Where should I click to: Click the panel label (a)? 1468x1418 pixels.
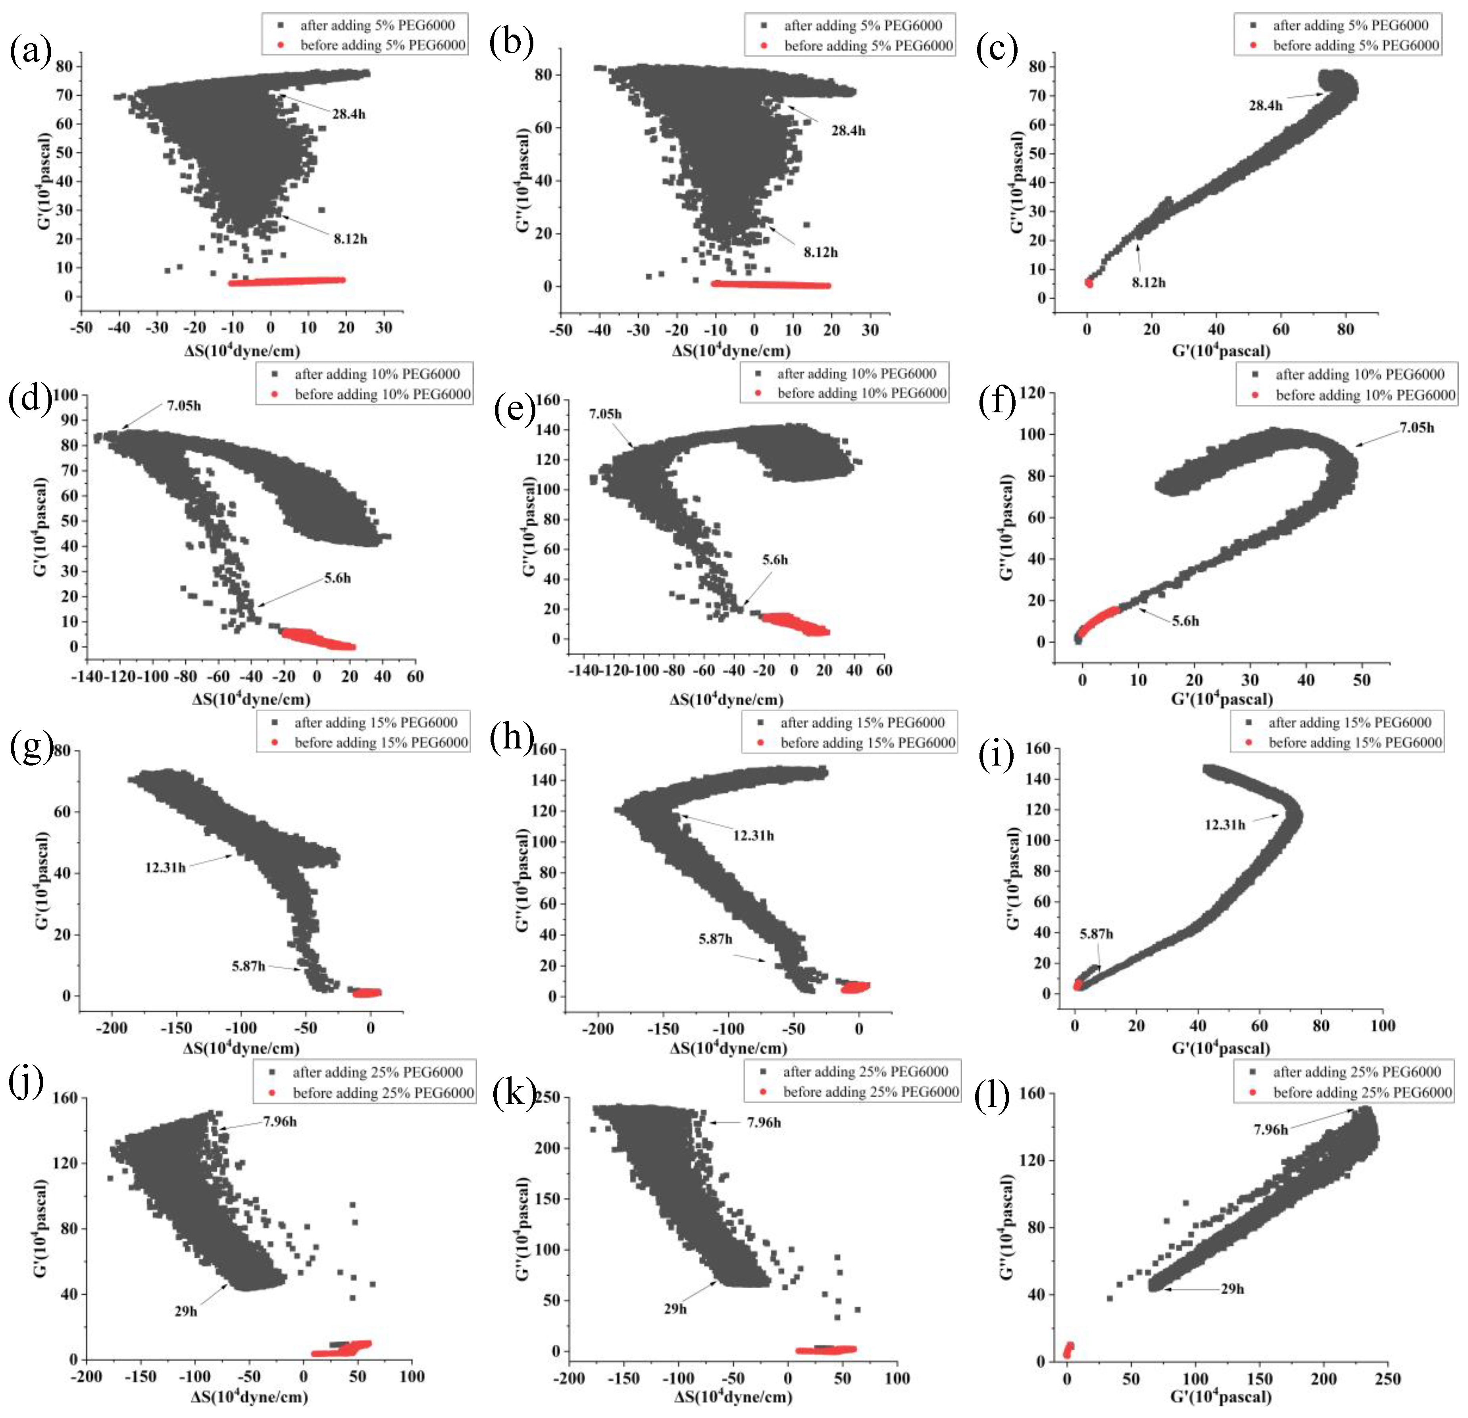click(x=30, y=52)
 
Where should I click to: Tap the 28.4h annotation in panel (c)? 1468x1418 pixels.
click(x=1265, y=106)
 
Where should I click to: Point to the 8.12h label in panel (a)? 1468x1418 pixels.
click(x=350, y=239)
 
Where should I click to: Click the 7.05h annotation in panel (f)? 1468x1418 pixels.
click(x=1416, y=428)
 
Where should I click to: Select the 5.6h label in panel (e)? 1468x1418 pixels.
click(x=775, y=560)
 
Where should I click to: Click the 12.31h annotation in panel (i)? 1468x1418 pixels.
click(x=1225, y=825)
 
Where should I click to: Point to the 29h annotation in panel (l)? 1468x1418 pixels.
click(x=1232, y=1288)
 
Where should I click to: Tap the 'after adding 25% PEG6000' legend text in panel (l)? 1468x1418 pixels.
click(x=1356, y=1072)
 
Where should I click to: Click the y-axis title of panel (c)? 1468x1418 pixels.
click(x=1016, y=182)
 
